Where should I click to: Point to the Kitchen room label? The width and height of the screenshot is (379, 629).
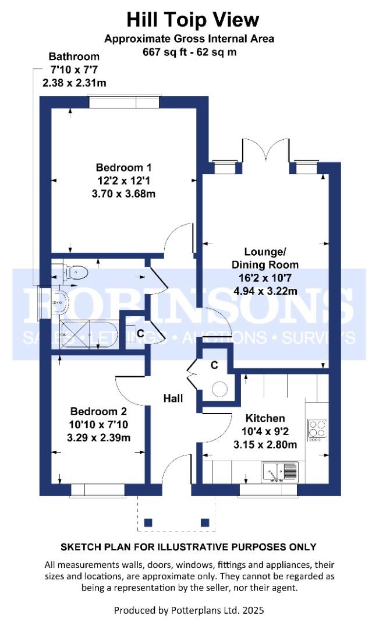265,418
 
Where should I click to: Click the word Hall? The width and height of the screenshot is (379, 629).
173,399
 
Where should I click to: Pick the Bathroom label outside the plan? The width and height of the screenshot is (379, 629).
74,57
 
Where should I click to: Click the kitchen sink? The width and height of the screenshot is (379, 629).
280,469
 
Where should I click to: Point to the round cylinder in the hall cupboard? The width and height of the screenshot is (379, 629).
220,388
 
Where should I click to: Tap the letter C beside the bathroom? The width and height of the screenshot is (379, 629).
140,334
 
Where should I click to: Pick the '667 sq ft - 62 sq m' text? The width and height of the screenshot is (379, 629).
189,51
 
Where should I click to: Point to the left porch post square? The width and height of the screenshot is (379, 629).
148,522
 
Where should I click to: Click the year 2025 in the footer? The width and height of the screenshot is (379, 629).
252,611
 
